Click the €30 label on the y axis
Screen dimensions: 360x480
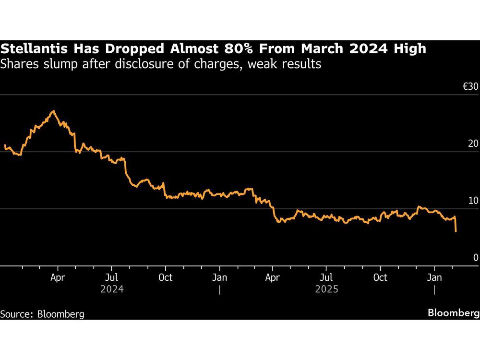pos(470,87)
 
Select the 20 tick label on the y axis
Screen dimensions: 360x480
pos(473,144)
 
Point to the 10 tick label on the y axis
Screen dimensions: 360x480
pos(473,201)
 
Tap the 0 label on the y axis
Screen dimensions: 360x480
pos(476,258)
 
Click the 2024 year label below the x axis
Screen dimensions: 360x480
pos(112,289)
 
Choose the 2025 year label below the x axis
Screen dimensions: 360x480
pos(326,289)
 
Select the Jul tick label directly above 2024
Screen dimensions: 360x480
pos(111,277)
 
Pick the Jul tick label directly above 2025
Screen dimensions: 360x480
pos(326,277)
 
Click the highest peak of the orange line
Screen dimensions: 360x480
pos(53,111)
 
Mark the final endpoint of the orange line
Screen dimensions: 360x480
pos(456,231)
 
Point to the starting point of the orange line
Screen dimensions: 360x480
pos(5,145)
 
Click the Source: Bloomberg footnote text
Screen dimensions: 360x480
pos(42,314)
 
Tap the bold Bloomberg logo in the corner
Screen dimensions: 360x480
pos(453,313)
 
